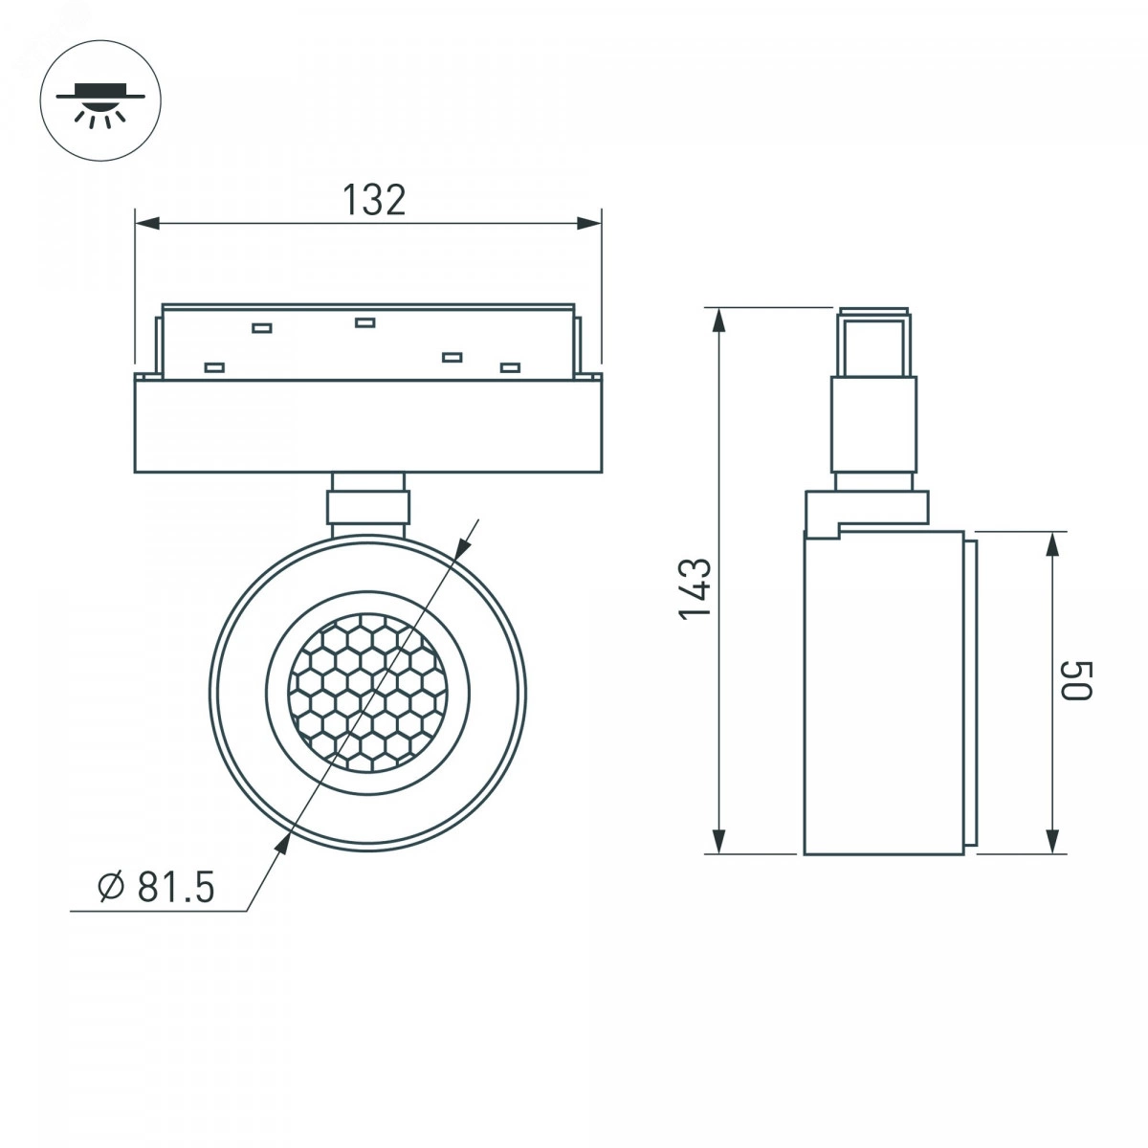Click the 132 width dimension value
point(374,200)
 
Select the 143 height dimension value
point(695,589)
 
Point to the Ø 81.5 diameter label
point(156,887)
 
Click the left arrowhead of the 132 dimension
point(147,224)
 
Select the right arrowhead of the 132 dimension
point(588,224)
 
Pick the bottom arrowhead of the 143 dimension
point(720,842)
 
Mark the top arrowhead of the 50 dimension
point(1052,544)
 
